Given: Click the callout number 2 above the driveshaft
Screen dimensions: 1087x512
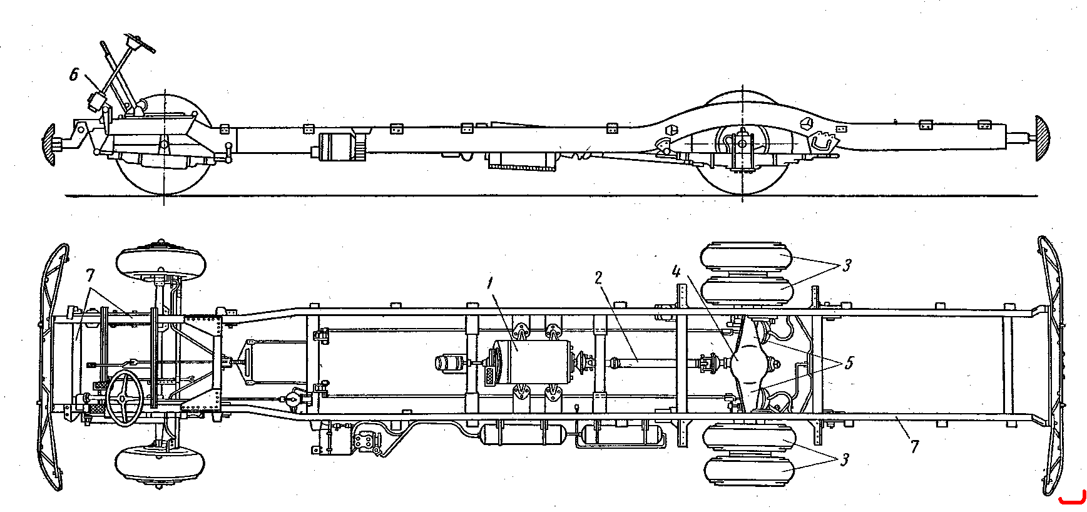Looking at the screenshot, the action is [x=598, y=278].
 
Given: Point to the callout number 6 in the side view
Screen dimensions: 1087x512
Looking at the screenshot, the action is [x=73, y=76].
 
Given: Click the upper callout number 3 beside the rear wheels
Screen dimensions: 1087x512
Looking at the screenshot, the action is [x=845, y=266].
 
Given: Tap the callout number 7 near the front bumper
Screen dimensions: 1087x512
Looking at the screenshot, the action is [x=90, y=276].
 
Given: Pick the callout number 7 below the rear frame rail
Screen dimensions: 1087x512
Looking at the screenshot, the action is [x=914, y=447].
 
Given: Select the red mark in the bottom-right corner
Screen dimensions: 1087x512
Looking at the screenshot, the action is [x=1072, y=499].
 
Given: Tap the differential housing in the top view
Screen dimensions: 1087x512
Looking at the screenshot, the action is [x=747, y=364].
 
